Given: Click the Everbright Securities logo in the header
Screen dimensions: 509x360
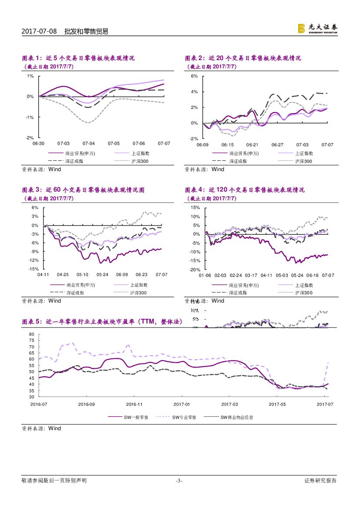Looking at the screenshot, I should tap(317, 28).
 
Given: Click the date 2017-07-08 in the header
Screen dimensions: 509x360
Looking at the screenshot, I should tap(39, 31).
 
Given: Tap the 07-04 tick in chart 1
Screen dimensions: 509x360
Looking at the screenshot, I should tap(89, 143).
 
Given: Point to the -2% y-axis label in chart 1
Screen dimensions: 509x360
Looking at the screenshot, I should tap(30, 138).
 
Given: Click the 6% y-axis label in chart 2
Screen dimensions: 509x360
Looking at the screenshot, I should tap(195, 76).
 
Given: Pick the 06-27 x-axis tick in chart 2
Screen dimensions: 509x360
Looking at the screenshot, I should tap(277, 145).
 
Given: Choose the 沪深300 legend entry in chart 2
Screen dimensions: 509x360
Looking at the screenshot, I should tap(303, 161).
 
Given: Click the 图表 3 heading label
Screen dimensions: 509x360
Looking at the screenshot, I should tap(32, 190).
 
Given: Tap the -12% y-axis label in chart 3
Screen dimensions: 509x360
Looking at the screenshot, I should tap(34, 260).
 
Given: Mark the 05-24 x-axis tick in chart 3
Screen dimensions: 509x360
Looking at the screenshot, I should tap(102, 275).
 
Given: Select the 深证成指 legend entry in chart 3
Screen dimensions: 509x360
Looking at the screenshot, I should tap(74, 293).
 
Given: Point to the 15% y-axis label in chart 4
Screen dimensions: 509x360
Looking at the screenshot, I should tap(195, 208).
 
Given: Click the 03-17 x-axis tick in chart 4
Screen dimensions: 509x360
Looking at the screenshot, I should tap(251, 275).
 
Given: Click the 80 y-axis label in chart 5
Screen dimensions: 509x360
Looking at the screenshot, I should tap(31, 334).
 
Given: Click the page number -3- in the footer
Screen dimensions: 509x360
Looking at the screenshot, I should tap(178, 481).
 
